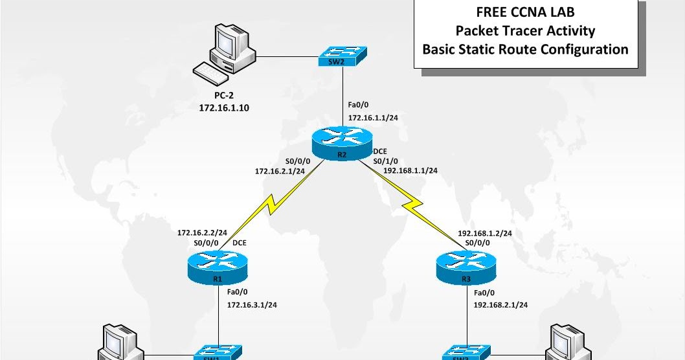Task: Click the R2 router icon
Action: coord(342,140)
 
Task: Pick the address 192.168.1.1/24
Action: coord(410,171)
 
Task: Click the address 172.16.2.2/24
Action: coord(202,232)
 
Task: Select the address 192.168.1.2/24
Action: coord(485,232)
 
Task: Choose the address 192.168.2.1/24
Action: coord(500,304)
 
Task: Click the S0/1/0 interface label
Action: coord(386,161)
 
